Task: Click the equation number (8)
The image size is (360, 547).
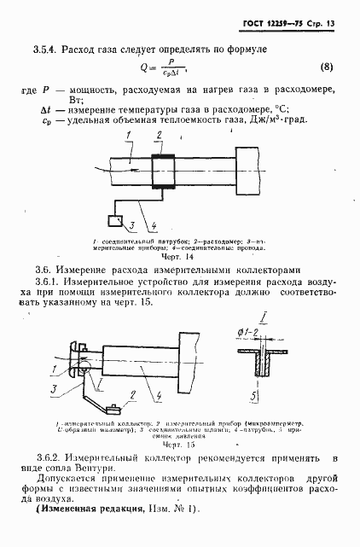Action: [x=326, y=66]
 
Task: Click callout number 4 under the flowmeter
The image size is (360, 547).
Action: [x=153, y=227]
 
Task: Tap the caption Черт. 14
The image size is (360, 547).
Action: [x=178, y=256]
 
